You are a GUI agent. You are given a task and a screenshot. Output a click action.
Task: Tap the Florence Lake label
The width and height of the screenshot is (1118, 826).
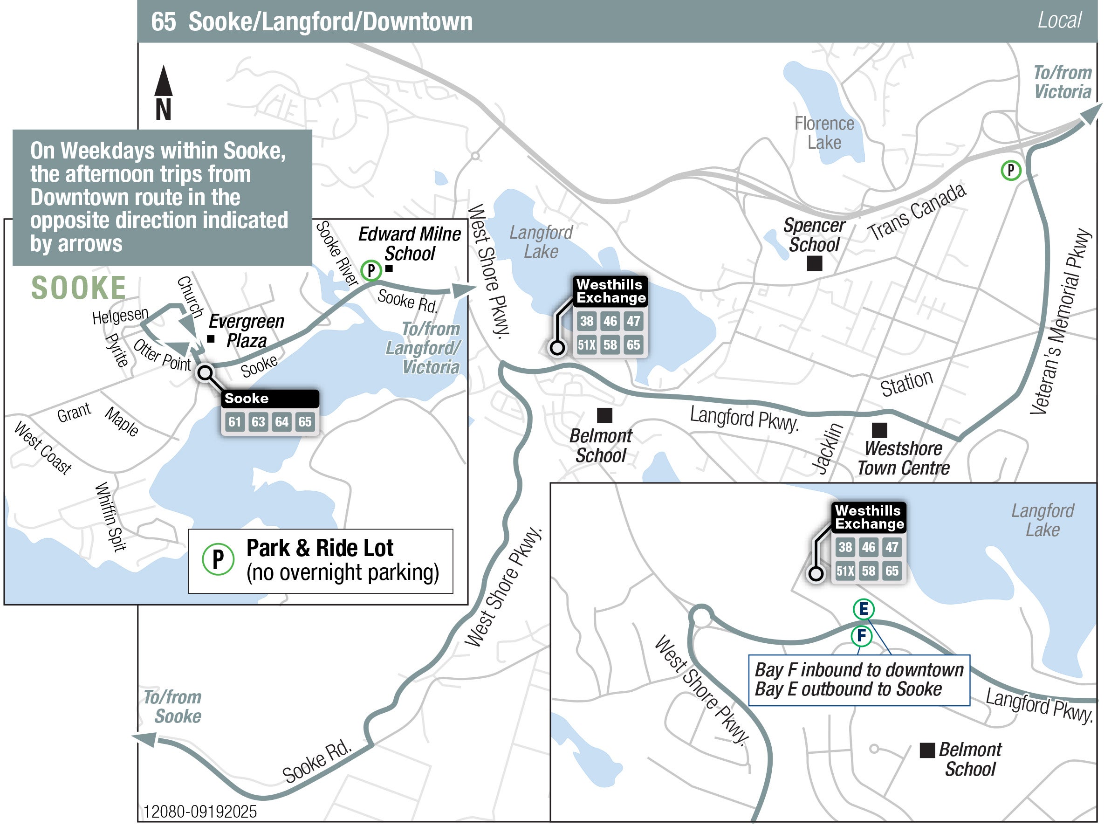click(x=823, y=133)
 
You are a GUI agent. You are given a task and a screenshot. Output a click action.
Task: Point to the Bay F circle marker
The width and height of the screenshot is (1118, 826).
click(x=862, y=636)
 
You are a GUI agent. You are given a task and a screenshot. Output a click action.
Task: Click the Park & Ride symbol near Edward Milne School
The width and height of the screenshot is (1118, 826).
click(x=371, y=270)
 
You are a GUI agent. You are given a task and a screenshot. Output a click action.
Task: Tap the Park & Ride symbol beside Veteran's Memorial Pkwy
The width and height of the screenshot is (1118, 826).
click(x=1010, y=171)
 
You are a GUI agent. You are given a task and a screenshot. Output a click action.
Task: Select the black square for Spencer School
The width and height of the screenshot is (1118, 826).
click(x=815, y=263)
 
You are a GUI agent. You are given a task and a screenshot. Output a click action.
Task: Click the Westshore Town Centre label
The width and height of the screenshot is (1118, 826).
click(x=903, y=459)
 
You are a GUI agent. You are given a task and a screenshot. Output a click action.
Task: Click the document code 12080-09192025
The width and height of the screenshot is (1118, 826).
click(x=200, y=811)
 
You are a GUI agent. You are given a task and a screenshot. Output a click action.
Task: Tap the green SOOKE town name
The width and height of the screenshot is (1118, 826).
click(x=78, y=288)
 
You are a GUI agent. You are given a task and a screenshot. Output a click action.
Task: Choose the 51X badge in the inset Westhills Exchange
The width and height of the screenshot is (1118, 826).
click(x=845, y=571)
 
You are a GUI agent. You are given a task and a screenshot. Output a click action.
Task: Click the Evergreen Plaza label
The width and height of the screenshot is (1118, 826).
click(x=247, y=331)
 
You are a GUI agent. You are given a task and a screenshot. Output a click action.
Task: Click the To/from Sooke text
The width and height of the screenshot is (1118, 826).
click(x=173, y=707)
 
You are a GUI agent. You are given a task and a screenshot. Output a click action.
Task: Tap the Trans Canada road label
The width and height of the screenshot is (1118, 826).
click(x=917, y=212)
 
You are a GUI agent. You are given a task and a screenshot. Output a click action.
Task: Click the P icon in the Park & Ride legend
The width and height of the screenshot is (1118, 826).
click(x=218, y=559)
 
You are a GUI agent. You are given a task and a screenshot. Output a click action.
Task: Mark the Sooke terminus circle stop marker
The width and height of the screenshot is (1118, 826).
click(x=205, y=373)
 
